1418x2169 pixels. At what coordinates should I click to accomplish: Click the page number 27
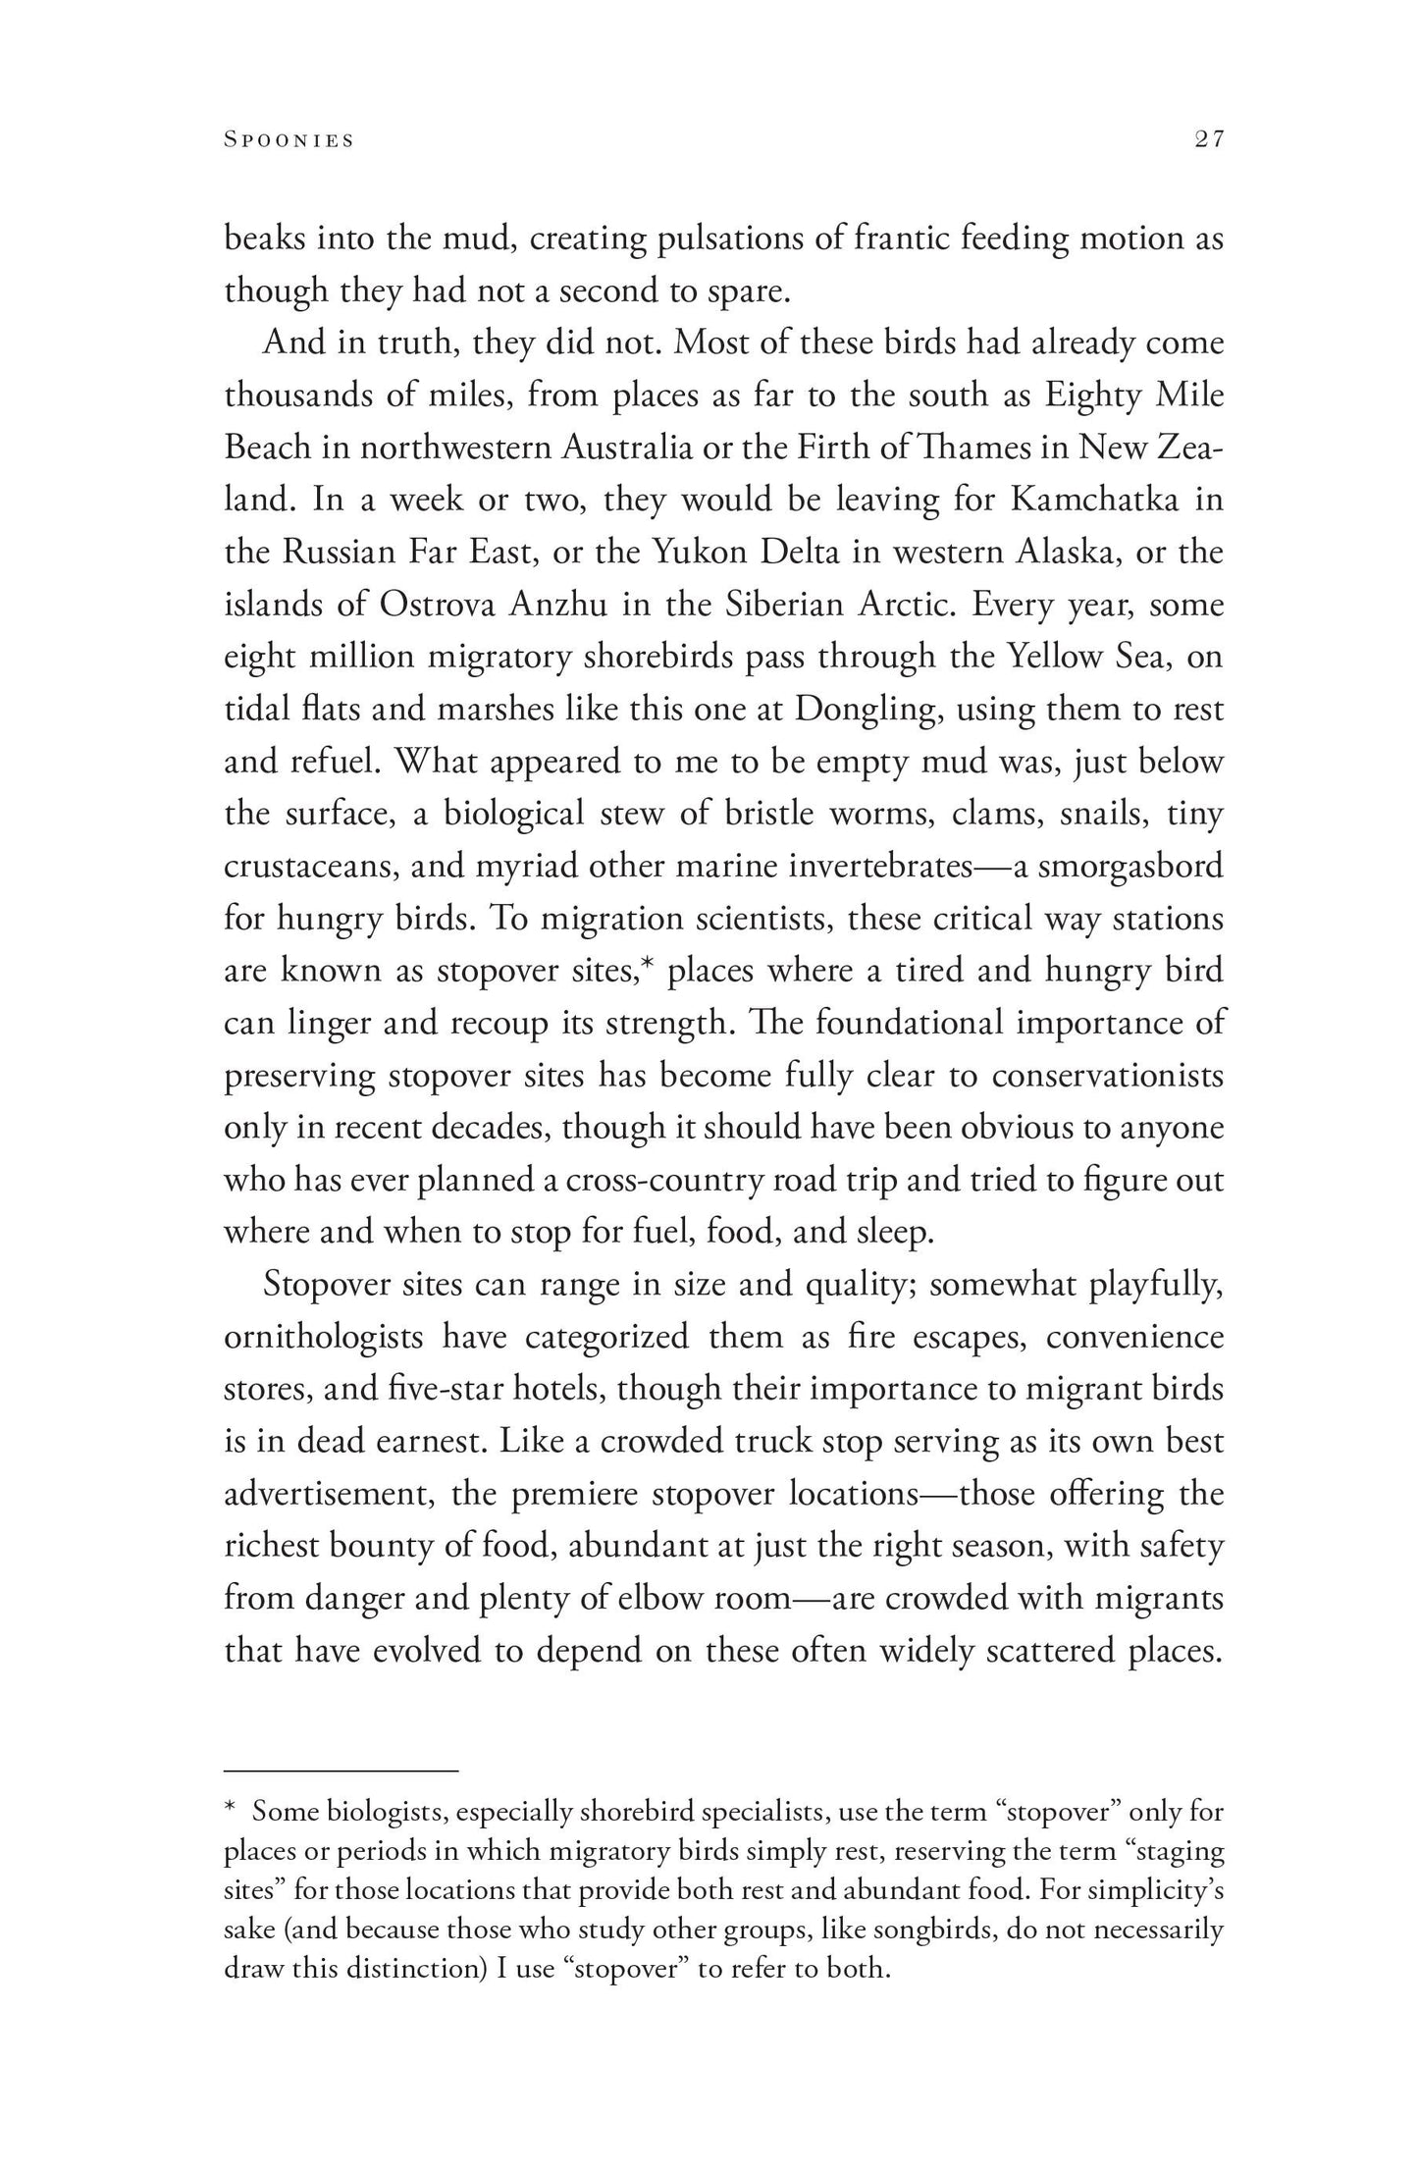tap(1209, 140)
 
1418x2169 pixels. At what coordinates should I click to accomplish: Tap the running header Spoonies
tap(289, 140)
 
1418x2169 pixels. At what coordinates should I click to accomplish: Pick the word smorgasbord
tap(1130, 866)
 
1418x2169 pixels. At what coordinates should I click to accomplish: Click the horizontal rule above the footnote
tap(341, 1771)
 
